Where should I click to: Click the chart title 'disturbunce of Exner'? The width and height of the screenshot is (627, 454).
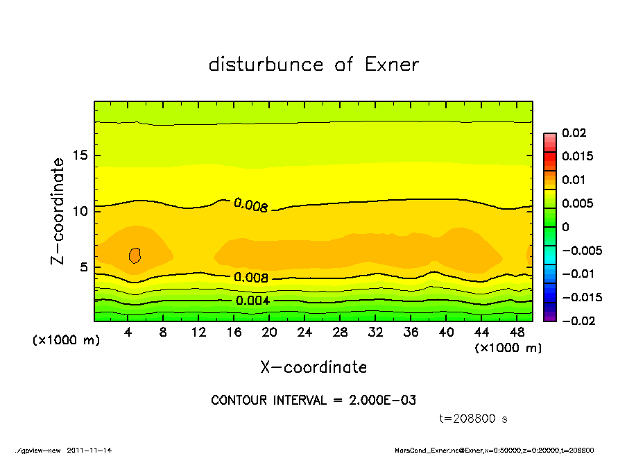[x=313, y=65]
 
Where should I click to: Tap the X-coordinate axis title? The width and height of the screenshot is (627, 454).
[x=313, y=367]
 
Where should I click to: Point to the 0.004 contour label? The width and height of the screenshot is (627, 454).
[x=252, y=301]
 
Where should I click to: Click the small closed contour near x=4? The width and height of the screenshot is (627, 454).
[x=135, y=255]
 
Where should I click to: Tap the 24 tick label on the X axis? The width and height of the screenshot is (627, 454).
[x=304, y=333]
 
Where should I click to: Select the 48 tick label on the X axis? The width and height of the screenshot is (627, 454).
[x=517, y=333]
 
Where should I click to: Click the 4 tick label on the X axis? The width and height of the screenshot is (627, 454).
[x=128, y=333]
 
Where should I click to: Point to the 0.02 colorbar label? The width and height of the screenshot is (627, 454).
[x=574, y=133]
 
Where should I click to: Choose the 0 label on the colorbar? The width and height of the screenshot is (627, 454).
[x=565, y=227]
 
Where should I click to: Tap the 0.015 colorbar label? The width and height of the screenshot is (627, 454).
[x=577, y=156]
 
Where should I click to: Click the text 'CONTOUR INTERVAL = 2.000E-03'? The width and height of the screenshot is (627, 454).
[x=313, y=401]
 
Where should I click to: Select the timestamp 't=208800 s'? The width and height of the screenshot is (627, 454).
[x=474, y=419]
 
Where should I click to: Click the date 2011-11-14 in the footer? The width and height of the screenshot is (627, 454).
[x=89, y=450]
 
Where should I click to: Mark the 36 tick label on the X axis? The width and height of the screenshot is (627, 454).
[x=411, y=333]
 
